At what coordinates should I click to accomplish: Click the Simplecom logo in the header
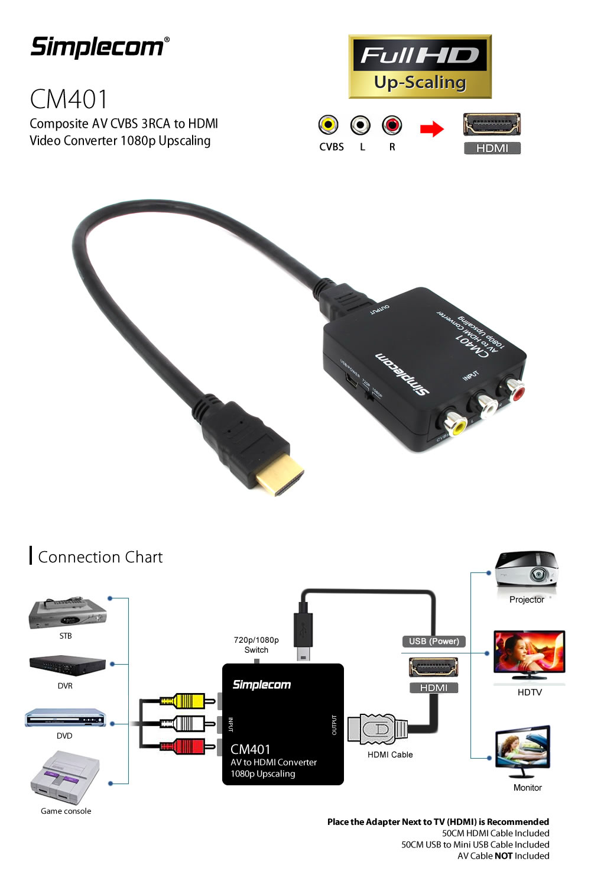click(99, 47)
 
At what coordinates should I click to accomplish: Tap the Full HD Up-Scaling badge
click(420, 66)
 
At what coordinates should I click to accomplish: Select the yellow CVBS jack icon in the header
click(329, 125)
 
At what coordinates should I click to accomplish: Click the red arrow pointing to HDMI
click(432, 128)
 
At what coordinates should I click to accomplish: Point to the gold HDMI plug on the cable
click(280, 476)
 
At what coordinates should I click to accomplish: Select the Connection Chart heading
click(100, 557)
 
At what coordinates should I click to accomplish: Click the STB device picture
click(67, 614)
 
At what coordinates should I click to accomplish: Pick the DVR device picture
click(67, 665)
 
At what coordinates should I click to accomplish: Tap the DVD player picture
click(65, 718)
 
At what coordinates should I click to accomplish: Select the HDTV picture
click(529, 655)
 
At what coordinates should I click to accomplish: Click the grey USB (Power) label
click(434, 641)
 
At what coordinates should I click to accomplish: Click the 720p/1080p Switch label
click(256, 645)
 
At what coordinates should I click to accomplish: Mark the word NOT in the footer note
click(504, 856)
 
